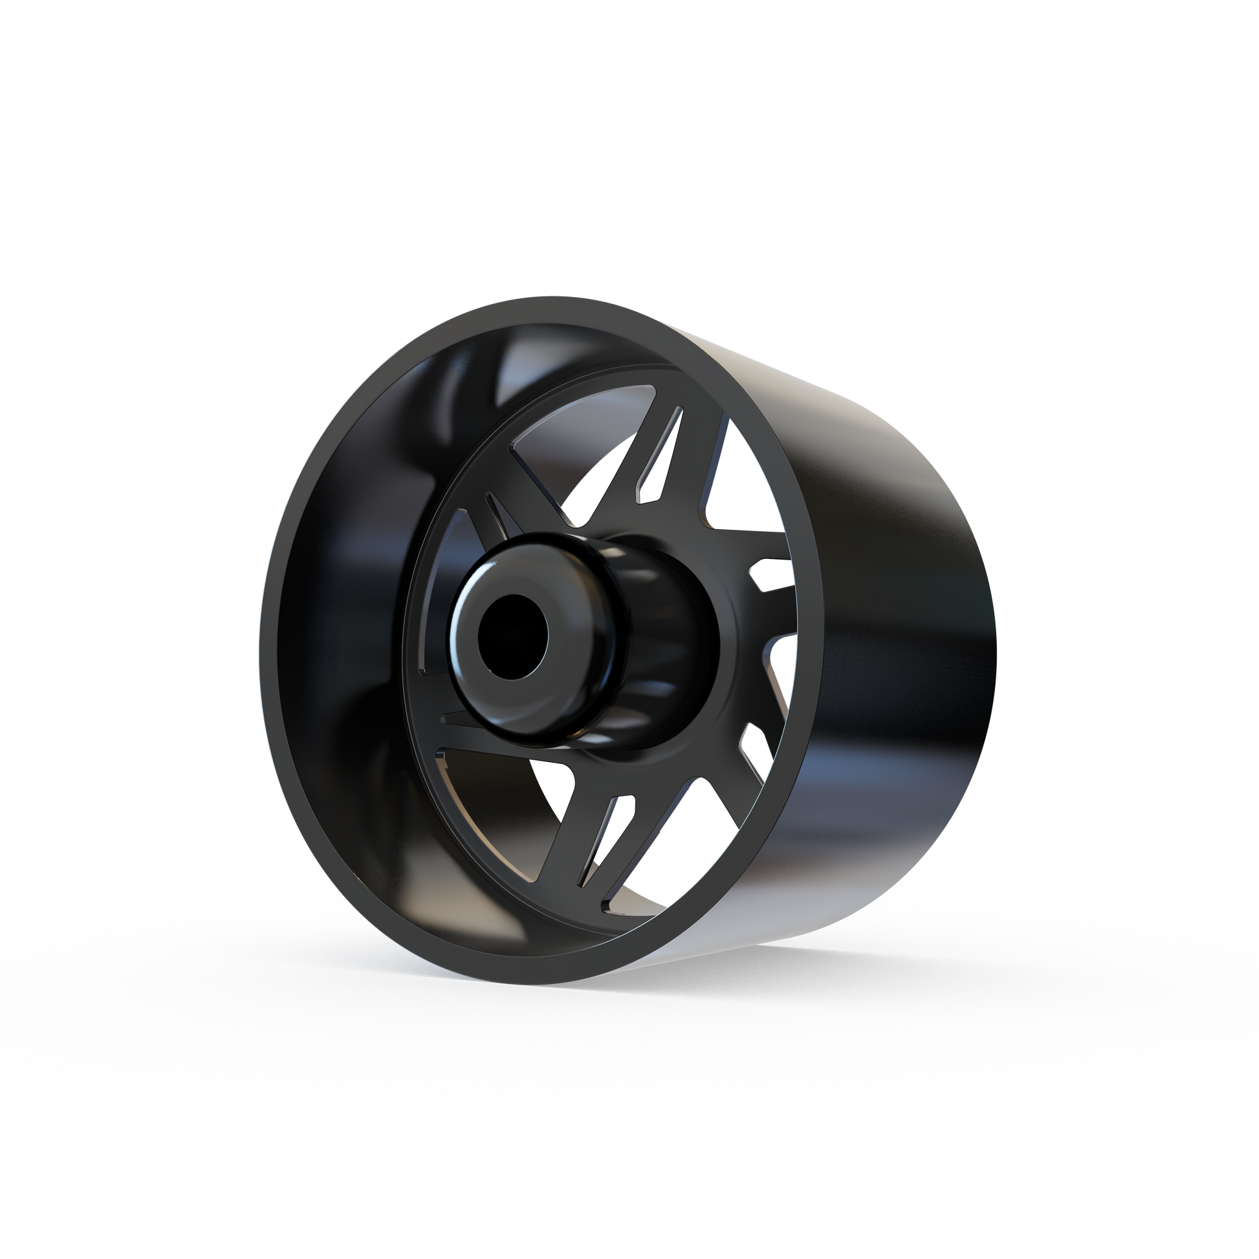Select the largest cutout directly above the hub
573,450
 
